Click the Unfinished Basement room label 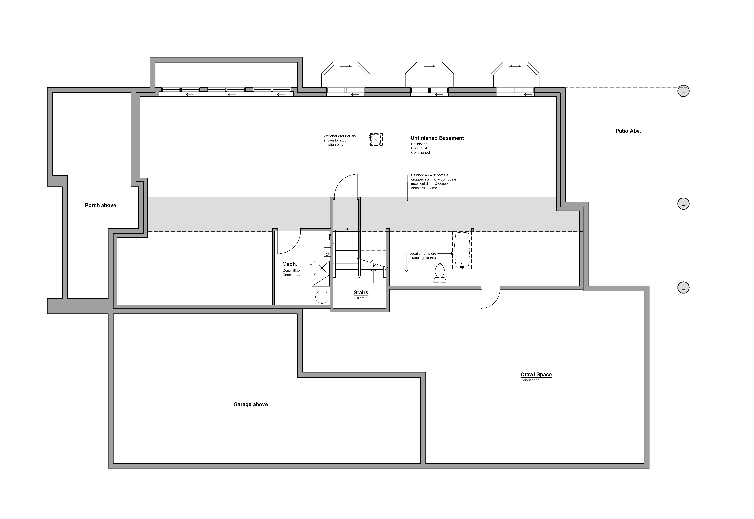[437, 138]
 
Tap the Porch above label [100, 206]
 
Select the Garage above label [251, 404]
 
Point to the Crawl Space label [536, 375]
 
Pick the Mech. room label [290, 264]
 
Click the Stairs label [361, 293]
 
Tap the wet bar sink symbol [376, 140]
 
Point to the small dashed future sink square [409, 276]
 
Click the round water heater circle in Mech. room [322, 297]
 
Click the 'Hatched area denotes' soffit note [434, 181]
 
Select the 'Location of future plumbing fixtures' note [423, 256]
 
